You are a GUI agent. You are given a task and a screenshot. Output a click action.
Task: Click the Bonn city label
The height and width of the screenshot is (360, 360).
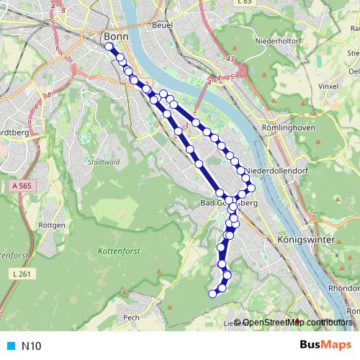[x=115, y=36]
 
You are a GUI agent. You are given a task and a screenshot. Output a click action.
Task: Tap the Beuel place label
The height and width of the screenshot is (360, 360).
[x=160, y=25]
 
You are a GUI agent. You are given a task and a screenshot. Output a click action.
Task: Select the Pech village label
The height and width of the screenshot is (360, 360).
[x=131, y=317]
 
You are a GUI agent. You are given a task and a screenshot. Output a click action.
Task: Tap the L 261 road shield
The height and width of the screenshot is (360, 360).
[x=23, y=274]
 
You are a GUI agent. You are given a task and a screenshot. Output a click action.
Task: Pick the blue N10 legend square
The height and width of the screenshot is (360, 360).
[x=9, y=346]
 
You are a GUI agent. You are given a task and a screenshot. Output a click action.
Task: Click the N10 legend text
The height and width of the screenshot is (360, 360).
[x=31, y=346]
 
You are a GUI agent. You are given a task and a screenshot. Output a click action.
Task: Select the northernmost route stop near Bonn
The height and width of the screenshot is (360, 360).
[x=109, y=47]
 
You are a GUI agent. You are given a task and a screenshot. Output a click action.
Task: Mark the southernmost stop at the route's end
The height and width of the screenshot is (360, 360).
[x=212, y=293]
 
